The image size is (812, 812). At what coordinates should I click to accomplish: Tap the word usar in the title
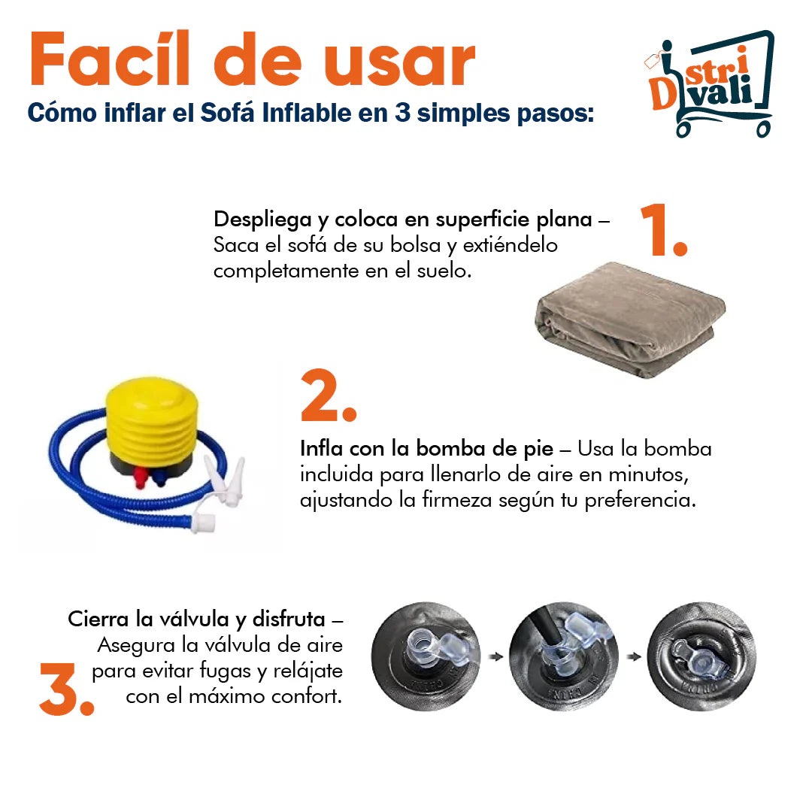click(398, 65)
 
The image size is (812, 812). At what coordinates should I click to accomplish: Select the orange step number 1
click(663, 230)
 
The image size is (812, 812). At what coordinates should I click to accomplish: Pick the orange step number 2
click(329, 395)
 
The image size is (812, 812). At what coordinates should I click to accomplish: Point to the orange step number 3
click(67, 689)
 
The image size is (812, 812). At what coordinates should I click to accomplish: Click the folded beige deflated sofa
click(630, 320)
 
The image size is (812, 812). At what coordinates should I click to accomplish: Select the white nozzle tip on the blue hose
click(204, 523)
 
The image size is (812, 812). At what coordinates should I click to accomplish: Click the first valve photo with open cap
click(426, 656)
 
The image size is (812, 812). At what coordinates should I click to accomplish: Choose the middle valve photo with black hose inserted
click(564, 656)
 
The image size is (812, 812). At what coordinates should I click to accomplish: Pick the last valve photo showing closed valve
click(701, 656)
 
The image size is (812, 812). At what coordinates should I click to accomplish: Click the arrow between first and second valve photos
click(496, 656)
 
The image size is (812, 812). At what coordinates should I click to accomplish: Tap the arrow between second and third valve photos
click(634, 656)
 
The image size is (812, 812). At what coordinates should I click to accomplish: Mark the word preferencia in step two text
click(640, 501)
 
